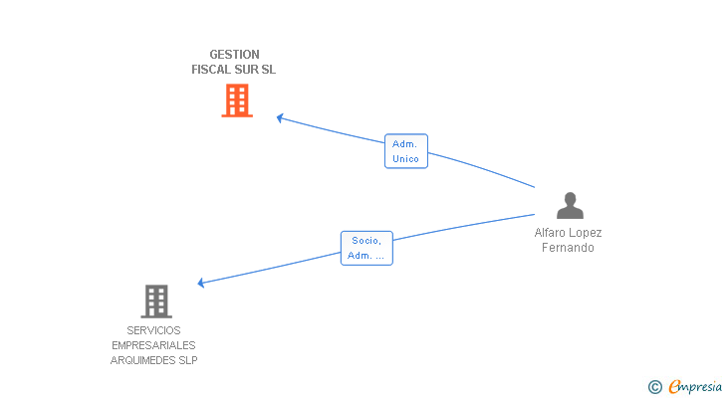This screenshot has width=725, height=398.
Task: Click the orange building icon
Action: [237, 100]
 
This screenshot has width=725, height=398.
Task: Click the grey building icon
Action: [156, 300]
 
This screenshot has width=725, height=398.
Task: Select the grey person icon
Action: [570, 205]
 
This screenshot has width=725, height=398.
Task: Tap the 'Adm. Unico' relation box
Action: [405, 151]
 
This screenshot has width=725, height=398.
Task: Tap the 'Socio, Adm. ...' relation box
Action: [366, 248]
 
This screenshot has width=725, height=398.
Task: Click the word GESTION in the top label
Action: [234, 55]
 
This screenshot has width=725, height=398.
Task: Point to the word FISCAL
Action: [210, 70]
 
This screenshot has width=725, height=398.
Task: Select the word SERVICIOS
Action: [154, 330]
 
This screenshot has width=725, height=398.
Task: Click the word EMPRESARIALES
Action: [154, 345]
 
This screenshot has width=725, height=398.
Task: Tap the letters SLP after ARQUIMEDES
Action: [188, 360]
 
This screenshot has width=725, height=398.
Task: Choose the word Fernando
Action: [568, 248]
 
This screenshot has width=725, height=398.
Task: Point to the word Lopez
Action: [586, 233]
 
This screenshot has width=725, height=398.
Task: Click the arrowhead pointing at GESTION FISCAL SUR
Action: [280, 117]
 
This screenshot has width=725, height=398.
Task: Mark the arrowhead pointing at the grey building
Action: [201, 283]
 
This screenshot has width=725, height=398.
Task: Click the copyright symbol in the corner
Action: [654, 387]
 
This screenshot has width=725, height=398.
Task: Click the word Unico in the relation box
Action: [405, 159]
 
